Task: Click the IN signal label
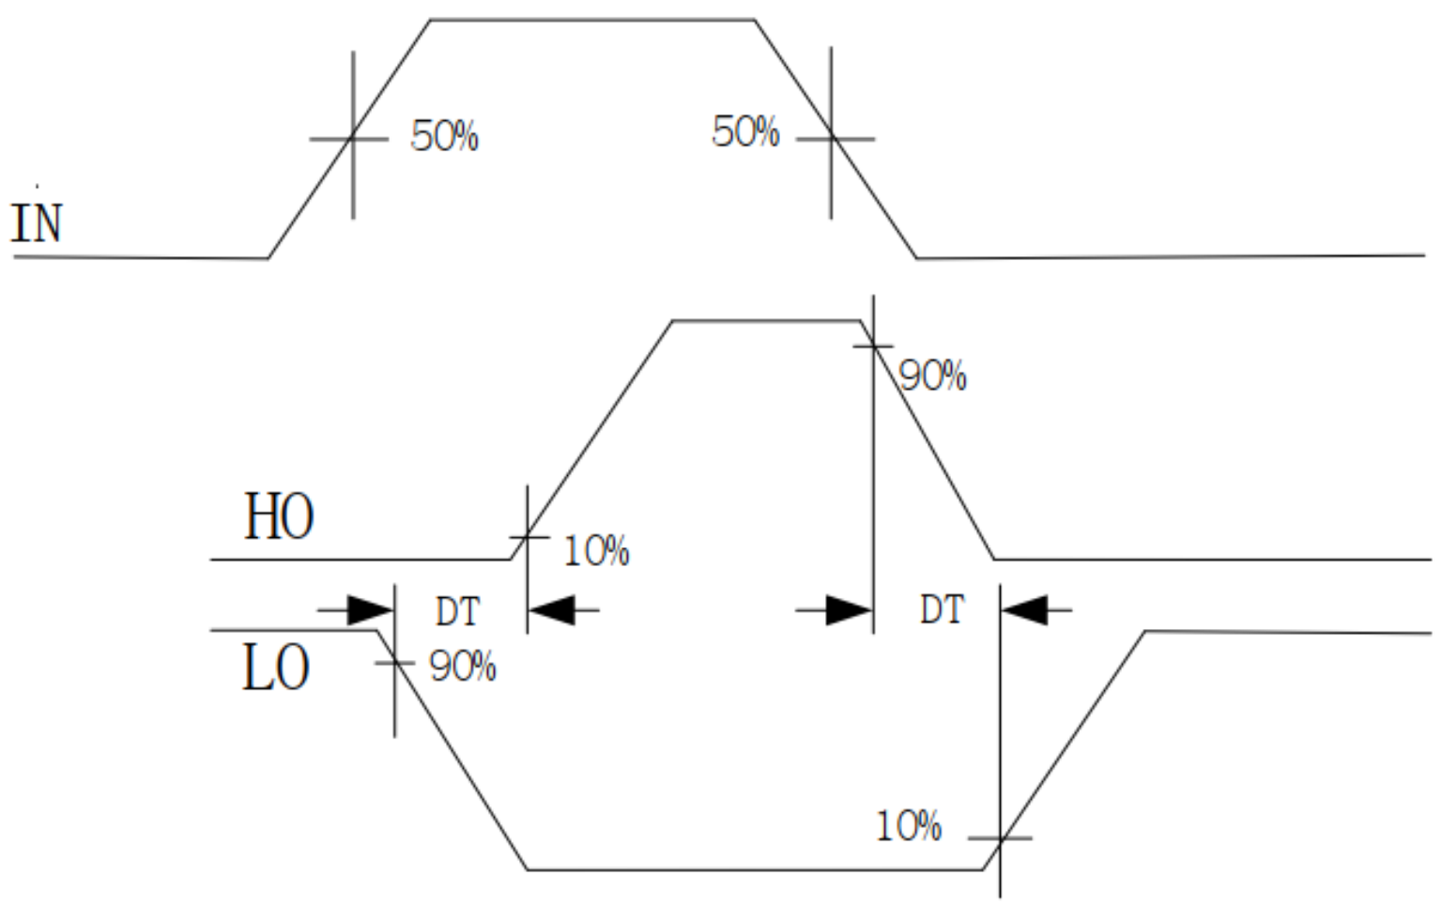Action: pyautogui.click(x=37, y=223)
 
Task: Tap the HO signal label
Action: pyautogui.click(x=279, y=516)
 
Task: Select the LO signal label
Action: pyautogui.click(x=275, y=668)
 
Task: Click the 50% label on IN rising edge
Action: pyautogui.click(x=444, y=137)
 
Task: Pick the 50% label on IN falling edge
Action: pyautogui.click(x=745, y=132)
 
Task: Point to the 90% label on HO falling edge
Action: pyautogui.click(x=932, y=376)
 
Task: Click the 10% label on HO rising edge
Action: pyautogui.click(x=596, y=551)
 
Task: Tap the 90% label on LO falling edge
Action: pyautogui.click(x=462, y=667)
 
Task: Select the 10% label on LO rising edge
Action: pyautogui.click(x=908, y=826)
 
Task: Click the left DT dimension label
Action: pyautogui.click(x=457, y=612)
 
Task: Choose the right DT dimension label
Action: pyautogui.click(x=942, y=610)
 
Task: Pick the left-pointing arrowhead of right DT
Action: pyautogui.click(x=1024, y=610)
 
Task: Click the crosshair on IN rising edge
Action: pyautogui.click(x=353, y=139)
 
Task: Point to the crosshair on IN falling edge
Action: pyautogui.click(x=831, y=139)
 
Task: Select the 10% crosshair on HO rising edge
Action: pyautogui.click(x=528, y=537)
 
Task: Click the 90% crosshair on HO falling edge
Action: pyautogui.click(x=873, y=346)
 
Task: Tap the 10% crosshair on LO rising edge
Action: pyautogui.click(x=1001, y=837)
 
